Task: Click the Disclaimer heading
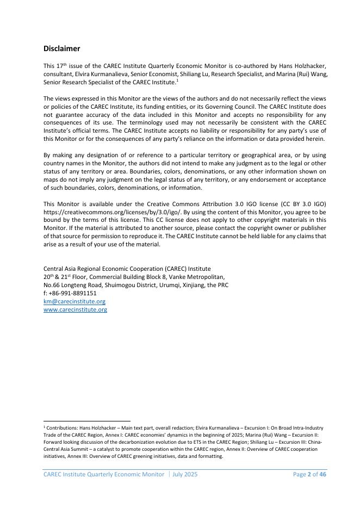point(61,49)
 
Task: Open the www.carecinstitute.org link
point(75,309)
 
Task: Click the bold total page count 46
point(322,474)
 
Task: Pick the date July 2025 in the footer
point(185,474)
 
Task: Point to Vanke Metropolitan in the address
point(201,277)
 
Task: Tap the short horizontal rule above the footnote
point(87,421)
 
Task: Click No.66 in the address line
point(51,285)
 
